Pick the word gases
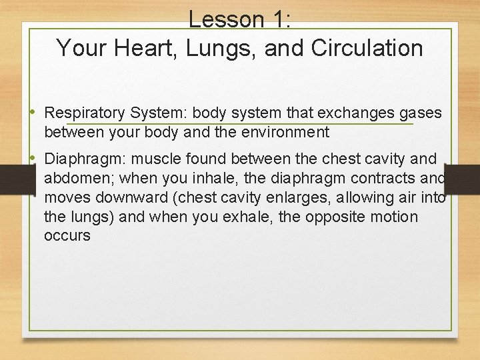pos(421,113)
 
